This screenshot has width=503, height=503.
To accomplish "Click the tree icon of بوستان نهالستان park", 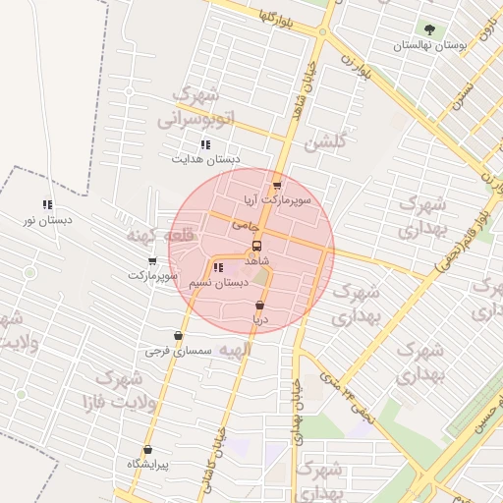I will [x=428, y=29].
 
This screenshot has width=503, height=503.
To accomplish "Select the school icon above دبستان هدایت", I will [x=205, y=144].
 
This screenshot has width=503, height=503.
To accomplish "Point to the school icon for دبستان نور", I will [x=47, y=204].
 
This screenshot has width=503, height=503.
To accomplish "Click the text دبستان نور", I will [x=47, y=220].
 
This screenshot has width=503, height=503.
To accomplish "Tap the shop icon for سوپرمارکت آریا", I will [x=277, y=184].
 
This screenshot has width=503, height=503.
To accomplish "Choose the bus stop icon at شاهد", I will [x=256, y=246].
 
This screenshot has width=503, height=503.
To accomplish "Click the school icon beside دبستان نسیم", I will [x=217, y=267].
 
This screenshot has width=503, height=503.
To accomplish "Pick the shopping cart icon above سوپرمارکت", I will [x=152, y=261].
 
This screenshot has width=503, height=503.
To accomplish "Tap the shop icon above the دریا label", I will [x=259, y=306].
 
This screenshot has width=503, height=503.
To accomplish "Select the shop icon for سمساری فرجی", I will [x=178, y=336].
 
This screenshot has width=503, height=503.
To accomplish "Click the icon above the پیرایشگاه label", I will [x=148, y=450].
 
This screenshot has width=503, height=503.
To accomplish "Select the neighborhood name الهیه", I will [x=236, y=350].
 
